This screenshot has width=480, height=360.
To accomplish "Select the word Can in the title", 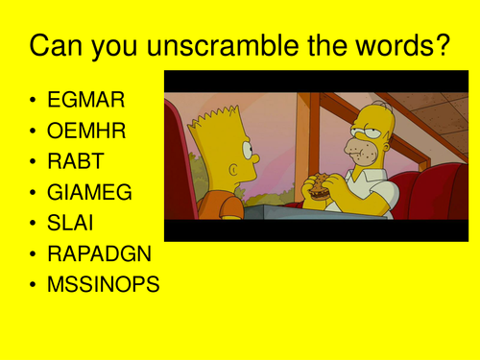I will [x=60, y=46].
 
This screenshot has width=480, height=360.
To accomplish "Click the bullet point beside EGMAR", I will [x=36, y=101].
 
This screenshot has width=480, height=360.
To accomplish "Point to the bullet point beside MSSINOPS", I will [x=36, y=285].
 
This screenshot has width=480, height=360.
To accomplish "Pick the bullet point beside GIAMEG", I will [x=36, y=193].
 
